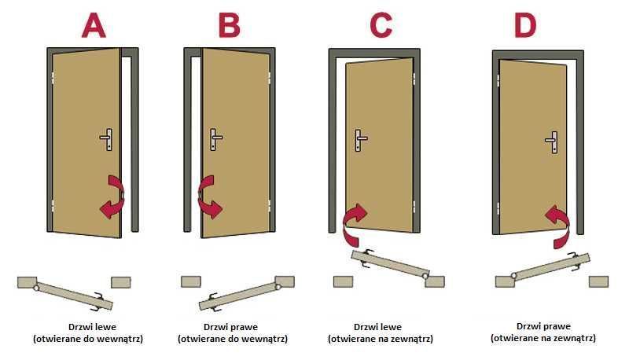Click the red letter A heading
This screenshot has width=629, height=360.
[x=94, y=25]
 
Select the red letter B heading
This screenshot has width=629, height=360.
[x=229, y=25]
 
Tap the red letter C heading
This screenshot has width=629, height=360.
[x=381, y=25]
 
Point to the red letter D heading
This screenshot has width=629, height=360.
[x=524, y=25]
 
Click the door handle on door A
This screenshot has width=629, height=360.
[x=107, y=139]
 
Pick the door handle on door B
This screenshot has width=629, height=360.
[x=215, y=139]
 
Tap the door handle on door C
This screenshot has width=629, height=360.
[x=360, y=140]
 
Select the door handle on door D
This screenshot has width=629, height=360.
[x=553, y=142]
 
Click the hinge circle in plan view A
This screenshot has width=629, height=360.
[x=36, y=287]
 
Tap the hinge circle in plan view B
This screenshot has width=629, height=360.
[x=278, y=286]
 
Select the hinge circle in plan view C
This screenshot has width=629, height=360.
[x=425, y=276]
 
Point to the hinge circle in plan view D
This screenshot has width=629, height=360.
[x=513, y=275]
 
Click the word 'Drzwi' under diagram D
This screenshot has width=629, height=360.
[x=527, y=326]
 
